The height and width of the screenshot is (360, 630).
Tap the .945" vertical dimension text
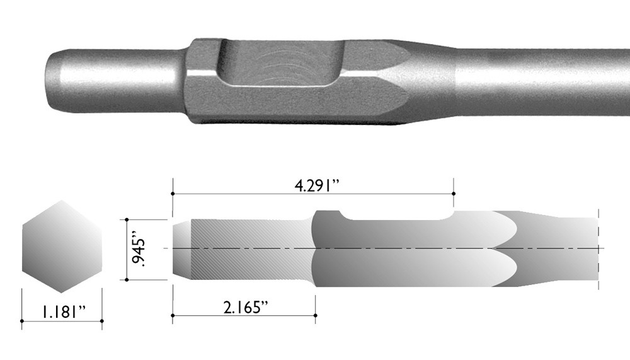[140, 250]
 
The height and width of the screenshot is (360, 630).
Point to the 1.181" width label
[61, 311]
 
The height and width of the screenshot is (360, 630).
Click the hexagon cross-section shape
[62, 247]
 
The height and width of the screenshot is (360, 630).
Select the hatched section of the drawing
[249, 250]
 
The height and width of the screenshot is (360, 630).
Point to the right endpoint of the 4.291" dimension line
[453, 194]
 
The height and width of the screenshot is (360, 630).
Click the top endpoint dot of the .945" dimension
[127, 219]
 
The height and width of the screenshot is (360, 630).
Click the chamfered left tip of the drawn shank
[181, 250]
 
